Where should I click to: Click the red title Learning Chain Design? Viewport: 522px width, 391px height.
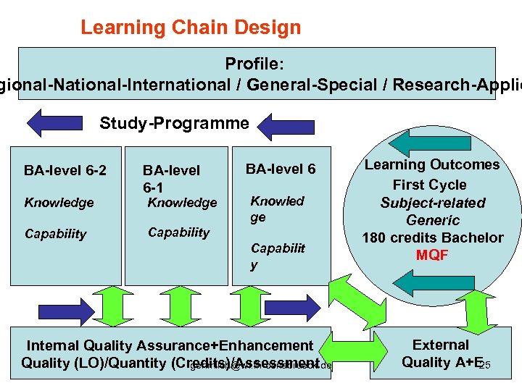tap(190, 28)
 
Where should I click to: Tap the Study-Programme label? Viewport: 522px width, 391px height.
tap(174, 123)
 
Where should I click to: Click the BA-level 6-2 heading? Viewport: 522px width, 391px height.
tap(65, 171)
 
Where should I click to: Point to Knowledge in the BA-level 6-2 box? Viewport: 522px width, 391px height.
tap(59, 203)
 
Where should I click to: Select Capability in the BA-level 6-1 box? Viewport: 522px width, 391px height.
tap(178, 232)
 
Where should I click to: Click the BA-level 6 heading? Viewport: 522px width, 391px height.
tap(281, 169)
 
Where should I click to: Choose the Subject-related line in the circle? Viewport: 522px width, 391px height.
tap(433, 203)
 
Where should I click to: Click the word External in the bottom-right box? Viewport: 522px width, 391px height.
tap(441, 345)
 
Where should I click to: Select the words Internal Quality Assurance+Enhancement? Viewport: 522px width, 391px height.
tap(170, 346)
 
